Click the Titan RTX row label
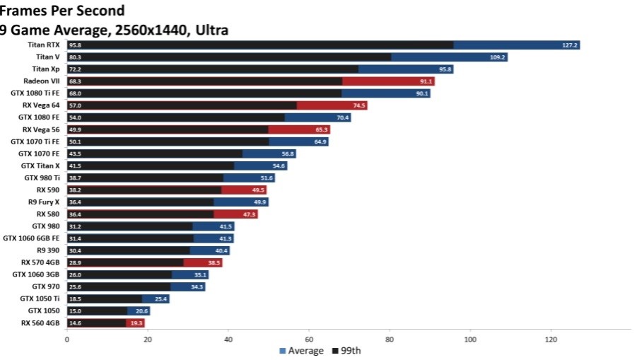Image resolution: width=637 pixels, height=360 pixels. click(x=44, y=45)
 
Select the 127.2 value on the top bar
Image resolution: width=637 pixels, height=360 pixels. click(x=571, y=45)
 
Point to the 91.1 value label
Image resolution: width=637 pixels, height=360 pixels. click(x=425, y=81)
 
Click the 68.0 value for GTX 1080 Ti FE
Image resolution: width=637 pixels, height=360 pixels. click(x=74, y=93)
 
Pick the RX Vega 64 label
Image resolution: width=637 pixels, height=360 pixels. click(x=41, y=105)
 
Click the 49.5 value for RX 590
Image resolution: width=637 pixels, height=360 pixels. click(x=257, y=190)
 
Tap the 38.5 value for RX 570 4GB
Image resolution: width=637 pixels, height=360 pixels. click(x=213, y=262)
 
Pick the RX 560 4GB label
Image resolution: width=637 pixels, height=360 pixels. click(x=41, y=323)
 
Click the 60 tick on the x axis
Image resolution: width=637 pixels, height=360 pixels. click(x=309, y=339)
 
